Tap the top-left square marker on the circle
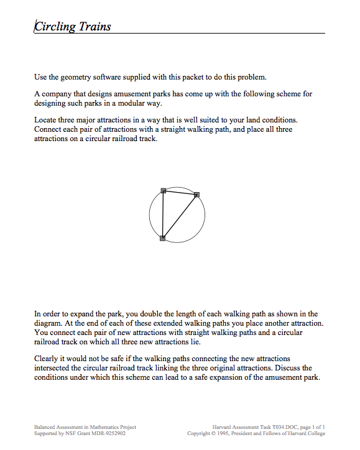164,190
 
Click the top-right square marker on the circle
197,195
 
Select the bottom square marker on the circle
162,238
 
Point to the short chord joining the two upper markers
180,192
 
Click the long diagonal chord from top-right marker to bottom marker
180,216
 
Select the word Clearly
47,359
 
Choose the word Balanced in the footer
45,427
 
